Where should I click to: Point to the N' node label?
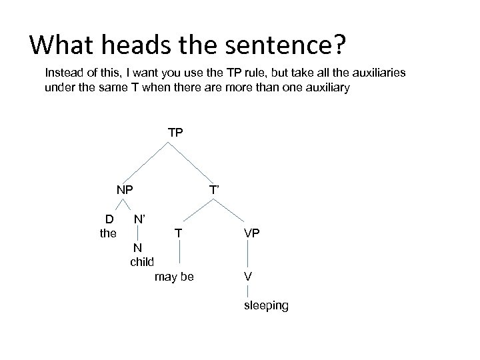[x=140, y=218]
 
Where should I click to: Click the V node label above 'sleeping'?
[x=248, y=276]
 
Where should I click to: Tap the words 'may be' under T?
[x=174, y=276]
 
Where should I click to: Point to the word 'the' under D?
[x=107, y=233]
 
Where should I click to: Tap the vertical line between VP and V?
[x=248, y=254]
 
